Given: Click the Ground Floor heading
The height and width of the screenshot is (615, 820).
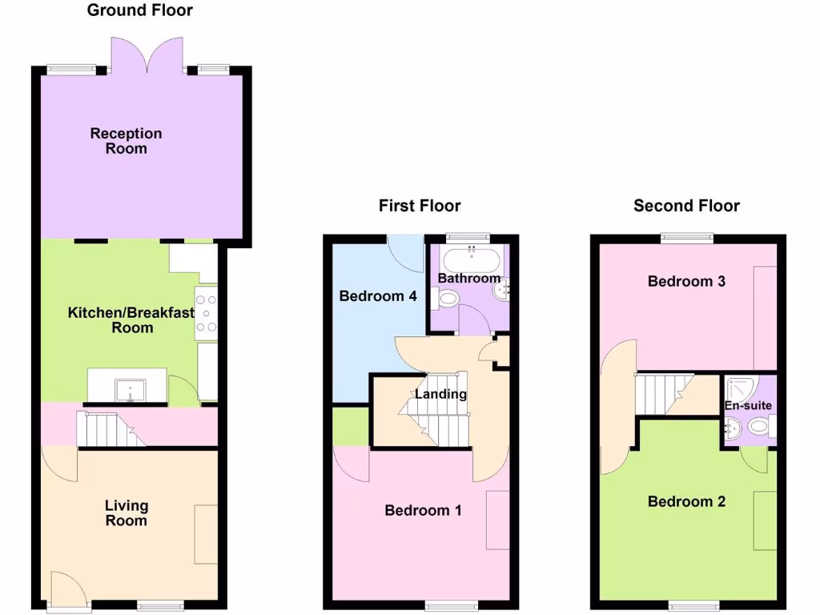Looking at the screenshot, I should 139,10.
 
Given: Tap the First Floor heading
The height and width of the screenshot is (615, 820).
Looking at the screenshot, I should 420,206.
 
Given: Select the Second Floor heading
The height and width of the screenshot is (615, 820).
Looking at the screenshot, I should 686,206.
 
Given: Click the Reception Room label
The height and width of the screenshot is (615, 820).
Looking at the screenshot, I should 126,141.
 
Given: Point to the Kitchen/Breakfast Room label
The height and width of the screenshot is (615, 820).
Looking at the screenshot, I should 131,320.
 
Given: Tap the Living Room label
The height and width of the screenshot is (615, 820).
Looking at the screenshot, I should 127,513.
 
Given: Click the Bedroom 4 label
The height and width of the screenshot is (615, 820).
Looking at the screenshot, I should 378,296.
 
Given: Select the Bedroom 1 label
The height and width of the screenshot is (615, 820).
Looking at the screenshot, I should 423,511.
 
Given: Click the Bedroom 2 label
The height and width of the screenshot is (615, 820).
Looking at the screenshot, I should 686,502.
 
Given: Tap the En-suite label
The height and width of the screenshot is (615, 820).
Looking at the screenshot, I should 749,406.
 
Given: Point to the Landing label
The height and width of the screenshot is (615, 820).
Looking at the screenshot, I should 440,394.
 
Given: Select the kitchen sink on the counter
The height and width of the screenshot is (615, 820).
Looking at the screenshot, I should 128,392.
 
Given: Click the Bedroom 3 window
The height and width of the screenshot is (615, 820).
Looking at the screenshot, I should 686,236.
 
